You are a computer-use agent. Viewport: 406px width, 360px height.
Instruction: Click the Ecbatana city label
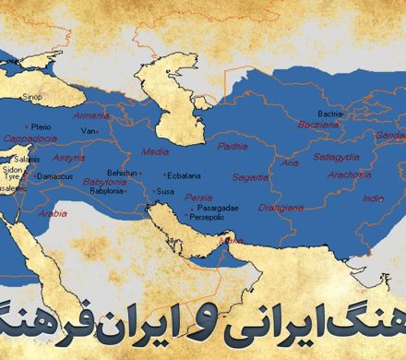(185, 174)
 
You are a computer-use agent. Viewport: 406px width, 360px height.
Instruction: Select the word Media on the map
(156, 150)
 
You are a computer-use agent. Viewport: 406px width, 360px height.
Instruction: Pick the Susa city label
(166, 191)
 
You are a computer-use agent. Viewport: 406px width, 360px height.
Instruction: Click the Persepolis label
(209, 221)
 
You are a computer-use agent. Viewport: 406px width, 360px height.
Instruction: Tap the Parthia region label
(232, 147)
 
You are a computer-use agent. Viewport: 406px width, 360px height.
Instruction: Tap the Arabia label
(53, 212)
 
